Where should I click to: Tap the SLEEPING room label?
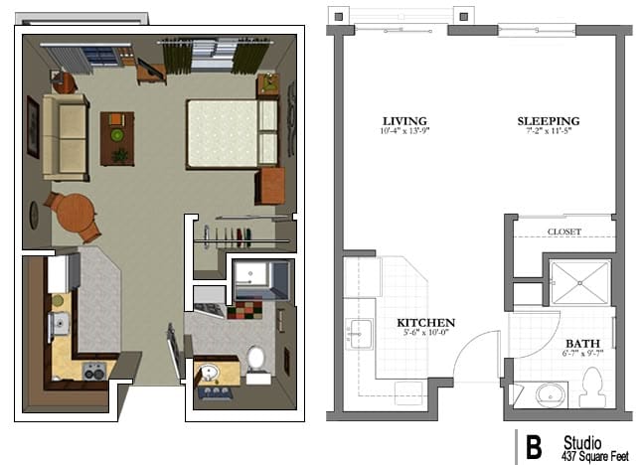click(548, 121)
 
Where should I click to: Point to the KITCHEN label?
click(425, 323)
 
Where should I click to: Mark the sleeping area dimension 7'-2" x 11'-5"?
click(548, 132)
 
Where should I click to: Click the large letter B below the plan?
click(534, 447)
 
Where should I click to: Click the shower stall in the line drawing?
click(578, 280)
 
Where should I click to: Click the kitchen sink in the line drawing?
click(357, 330)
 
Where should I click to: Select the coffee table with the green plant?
click(117, 136)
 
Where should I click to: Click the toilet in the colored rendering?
click(255, 362)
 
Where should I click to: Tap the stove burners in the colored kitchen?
click(93, 373)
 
